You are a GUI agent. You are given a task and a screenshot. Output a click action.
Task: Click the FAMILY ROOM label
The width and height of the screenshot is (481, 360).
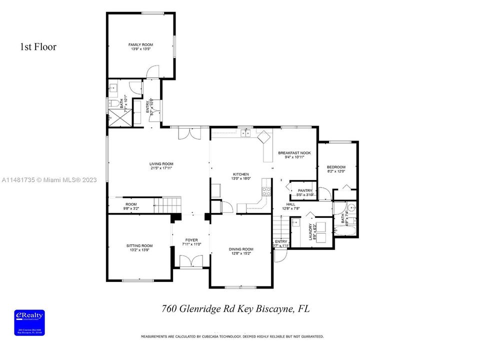coord(140,45)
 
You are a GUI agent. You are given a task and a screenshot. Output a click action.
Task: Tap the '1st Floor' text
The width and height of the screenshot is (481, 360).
coord(38,47)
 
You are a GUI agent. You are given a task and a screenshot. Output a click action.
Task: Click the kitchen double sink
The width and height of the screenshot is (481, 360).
coord(245,133)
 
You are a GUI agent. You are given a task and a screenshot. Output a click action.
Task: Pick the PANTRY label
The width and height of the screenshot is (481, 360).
coord(304,190)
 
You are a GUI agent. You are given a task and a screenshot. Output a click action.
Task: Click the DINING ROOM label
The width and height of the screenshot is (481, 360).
coord(241,249)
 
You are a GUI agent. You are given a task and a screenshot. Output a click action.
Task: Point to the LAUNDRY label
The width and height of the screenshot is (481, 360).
coord(310,232)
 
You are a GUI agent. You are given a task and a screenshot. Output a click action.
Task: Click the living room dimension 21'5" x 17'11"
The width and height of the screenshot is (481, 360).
coord(161,168)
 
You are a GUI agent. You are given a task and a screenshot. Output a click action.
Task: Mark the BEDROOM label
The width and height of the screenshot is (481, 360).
coord(336,167)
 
